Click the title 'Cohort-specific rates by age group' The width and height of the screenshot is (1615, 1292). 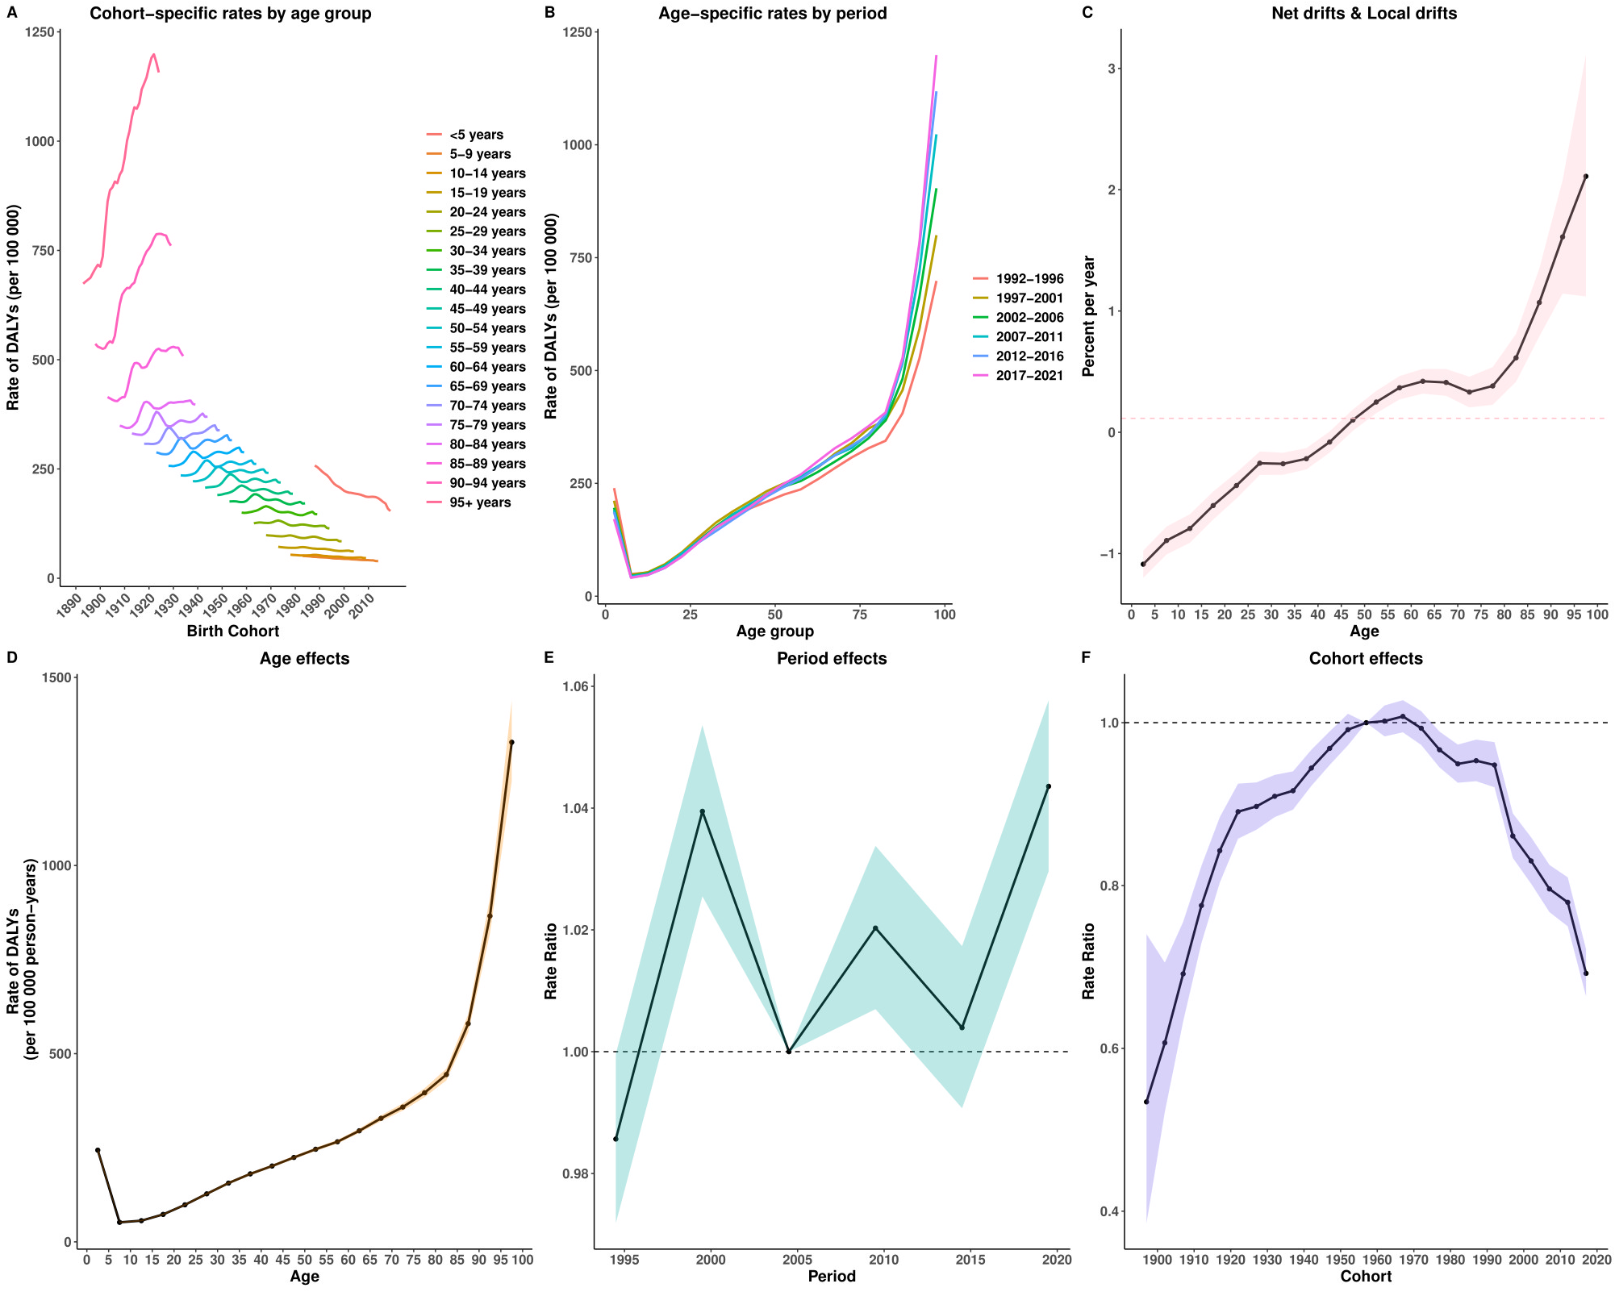click(x=231, y=13)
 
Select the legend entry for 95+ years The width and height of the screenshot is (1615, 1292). click(x=479, y=502)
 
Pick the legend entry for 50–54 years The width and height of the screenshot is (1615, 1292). click(x=487, y=328)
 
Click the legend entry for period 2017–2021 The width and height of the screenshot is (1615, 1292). click(x=1029, y=376)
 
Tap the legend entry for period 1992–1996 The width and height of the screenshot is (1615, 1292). click(x=1029, y=279)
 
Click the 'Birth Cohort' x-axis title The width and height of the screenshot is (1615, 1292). click(x=232, y=631)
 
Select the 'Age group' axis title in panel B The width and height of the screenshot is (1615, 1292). click(x=774, y=631)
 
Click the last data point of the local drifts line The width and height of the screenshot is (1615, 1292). click(x=1585, y=177)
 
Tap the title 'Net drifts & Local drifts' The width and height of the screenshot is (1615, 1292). click(x=1366, y=13)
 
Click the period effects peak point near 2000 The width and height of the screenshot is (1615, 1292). click(x=702, y=811)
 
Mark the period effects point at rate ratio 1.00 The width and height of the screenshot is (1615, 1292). click(x=788, y=1052)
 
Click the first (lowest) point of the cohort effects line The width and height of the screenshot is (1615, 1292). click(x=1146, y=1102)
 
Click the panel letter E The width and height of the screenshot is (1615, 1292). click(x=549, y=657)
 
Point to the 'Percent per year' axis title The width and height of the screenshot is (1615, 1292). click(x=1088, y=316)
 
